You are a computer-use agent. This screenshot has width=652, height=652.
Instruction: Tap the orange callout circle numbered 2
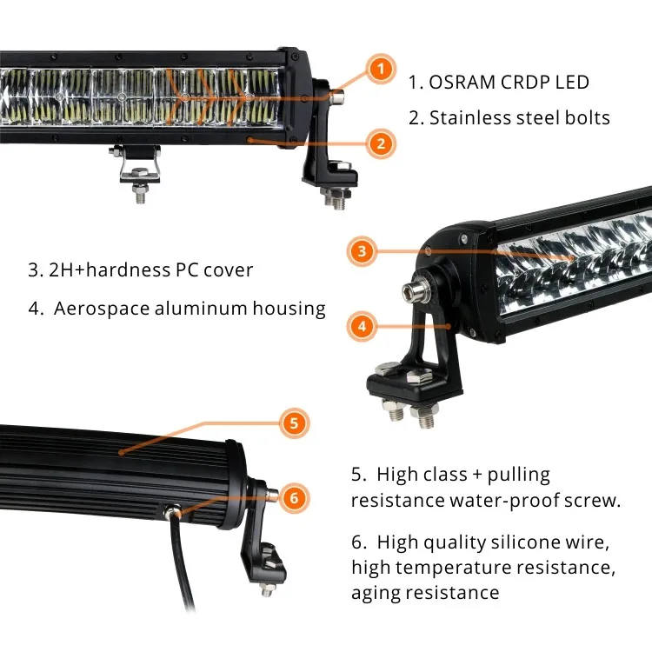379,143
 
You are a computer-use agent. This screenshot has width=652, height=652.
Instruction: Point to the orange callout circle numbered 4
363,327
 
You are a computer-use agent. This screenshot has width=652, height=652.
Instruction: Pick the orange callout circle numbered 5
294,423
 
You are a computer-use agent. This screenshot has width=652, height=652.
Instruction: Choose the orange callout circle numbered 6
294,498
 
